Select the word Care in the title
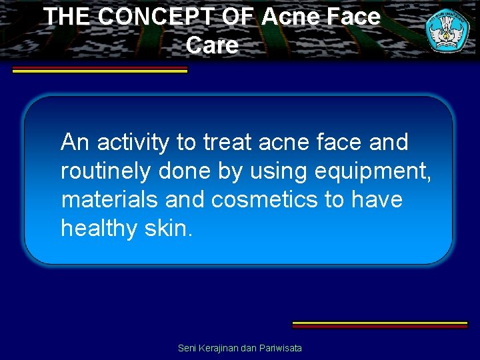[212, 45]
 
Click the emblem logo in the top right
[447, 31]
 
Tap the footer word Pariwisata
[283, 348]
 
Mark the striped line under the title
[100, 70]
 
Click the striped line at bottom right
[380, 325]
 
